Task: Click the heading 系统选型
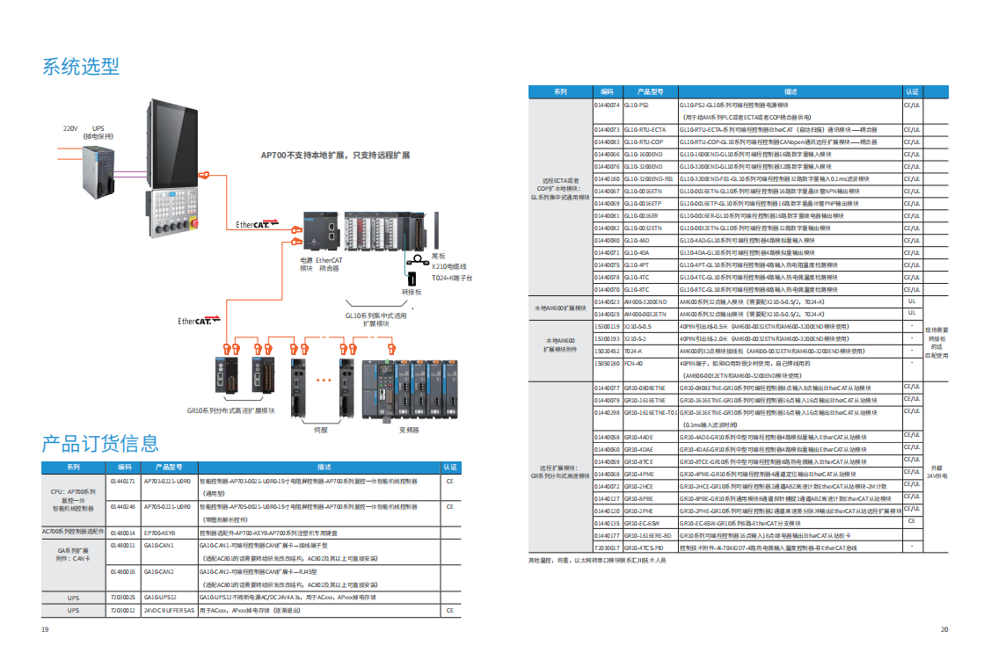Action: coord(81,66)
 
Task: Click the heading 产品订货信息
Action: coord(100,443)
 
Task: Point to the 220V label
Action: coord(70,127)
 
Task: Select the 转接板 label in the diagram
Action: coord(412,292)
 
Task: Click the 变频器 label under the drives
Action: coord(408,431)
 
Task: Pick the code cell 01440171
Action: coord(122,482)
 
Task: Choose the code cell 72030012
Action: coord(122,610)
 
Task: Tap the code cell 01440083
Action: coord(607,141)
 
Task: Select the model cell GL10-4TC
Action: coord(637,277)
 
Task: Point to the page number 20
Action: coord(944,628)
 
